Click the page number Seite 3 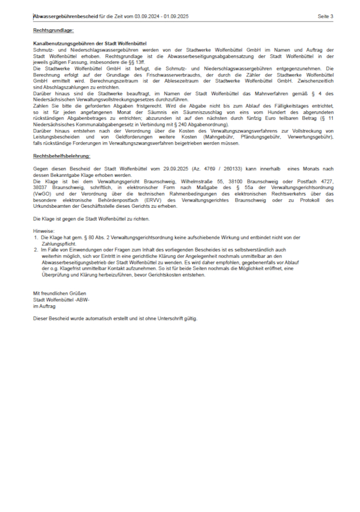326,17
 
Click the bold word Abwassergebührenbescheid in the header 65,17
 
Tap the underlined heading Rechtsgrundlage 53,30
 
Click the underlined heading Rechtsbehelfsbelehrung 61,157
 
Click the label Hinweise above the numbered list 44,231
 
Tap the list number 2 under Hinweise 36,250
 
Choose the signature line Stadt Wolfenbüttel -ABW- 61,299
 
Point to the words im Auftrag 44,305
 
